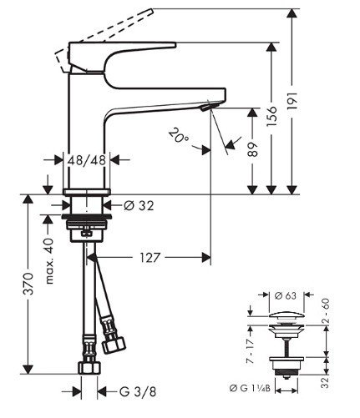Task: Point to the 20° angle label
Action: [176, 133]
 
